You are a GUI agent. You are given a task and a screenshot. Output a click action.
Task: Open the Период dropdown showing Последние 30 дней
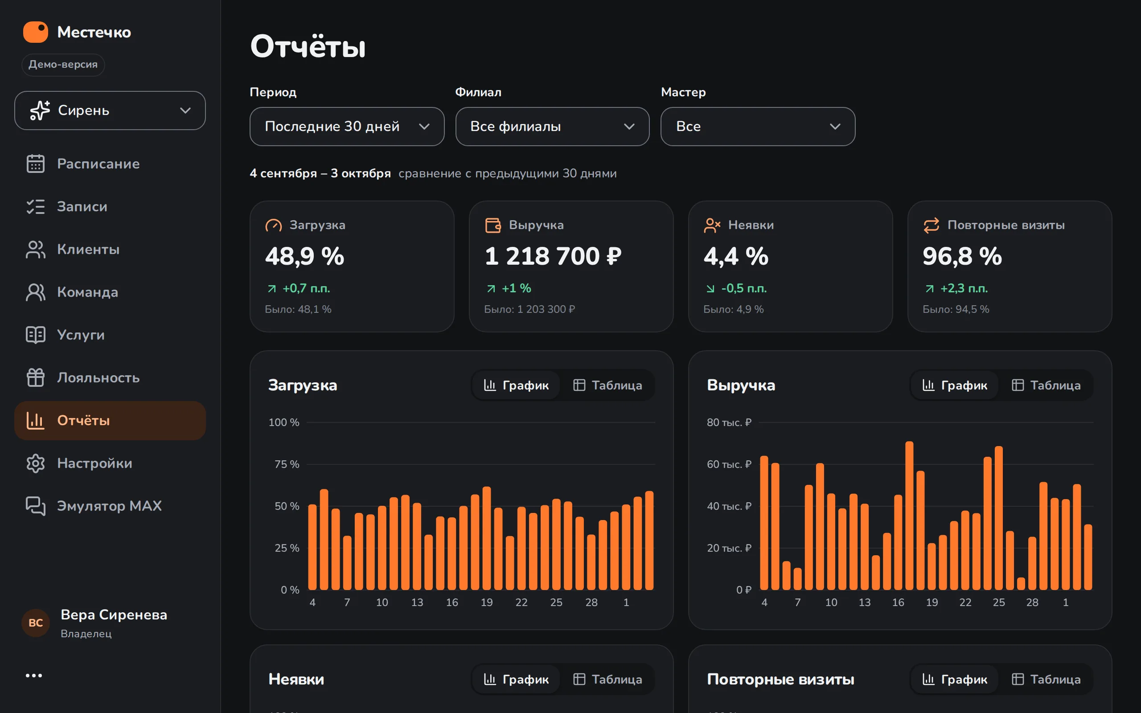coord(347,127)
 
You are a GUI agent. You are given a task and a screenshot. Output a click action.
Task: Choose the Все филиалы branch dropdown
coord(552,127)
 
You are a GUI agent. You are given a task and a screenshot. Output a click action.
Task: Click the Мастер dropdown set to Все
coord(758,127)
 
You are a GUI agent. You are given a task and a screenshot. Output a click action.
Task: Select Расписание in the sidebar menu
coord(98,164)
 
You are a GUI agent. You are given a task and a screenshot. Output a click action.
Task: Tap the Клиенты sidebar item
coord(88,250)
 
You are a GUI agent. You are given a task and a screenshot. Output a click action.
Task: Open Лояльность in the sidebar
coord(98,378)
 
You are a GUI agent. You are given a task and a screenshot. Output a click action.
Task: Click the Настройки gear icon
coord(35,463)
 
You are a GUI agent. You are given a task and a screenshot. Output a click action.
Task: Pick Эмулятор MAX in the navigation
coord(109,506)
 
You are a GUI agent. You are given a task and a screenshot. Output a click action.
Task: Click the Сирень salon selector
coord(110,111)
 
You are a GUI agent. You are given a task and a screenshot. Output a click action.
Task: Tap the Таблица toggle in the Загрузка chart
coord(607,385)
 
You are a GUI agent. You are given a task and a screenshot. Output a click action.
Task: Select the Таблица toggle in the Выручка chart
coord(1046,385)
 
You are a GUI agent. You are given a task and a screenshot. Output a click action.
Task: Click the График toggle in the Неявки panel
coord(516,679)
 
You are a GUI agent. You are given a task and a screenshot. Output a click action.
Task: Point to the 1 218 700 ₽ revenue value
coord(553,256)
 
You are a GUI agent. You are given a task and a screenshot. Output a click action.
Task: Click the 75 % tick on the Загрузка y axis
coord(287,464)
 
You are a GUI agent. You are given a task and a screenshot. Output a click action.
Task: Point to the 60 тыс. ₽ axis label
coord(729,464)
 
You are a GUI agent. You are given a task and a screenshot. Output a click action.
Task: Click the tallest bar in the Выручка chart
coord(910,516)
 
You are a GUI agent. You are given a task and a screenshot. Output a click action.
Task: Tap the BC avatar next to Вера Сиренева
coord(36,623)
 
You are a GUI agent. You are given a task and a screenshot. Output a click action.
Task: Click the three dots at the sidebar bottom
coord(34,676)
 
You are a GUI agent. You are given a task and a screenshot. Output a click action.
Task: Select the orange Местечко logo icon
coord(36,32)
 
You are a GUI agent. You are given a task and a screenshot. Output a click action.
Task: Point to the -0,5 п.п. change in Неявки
coord(743,288)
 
